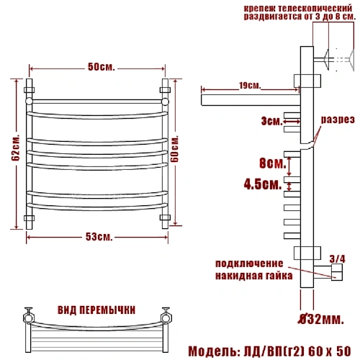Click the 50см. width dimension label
coord(102,67)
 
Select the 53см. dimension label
coord(99,237)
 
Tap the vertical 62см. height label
coord(16,148)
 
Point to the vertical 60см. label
coord(175,149)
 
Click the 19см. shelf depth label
coord(250,86)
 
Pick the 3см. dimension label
coord(272,121)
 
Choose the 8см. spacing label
coord(273,163)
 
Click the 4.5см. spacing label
coord(263,184)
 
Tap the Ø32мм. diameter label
coord(321,319)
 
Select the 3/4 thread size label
coord(337,259)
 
